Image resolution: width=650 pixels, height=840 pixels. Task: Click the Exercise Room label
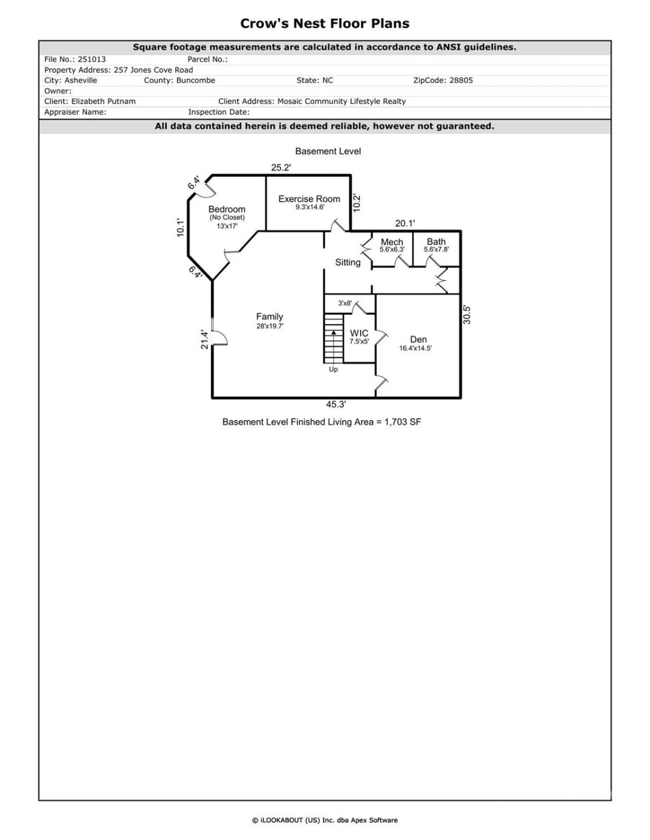pyautogui.click(x=309, y=199)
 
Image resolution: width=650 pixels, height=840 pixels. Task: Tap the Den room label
pyautogui.click(x=418, y=339)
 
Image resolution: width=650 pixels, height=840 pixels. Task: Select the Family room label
pyautogui.click(x=269, y=317)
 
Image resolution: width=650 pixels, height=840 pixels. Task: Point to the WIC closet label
pyautogui.click(x=359, y=334)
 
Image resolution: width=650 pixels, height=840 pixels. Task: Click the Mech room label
pyautogui.click(x=392, y=242)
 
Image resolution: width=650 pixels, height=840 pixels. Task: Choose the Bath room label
pyautogui.click(x=436, y=242)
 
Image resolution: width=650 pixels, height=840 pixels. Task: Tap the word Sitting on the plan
pyautogui.click(x=347, y=262)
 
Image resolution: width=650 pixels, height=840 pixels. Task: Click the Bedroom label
pyautogui.click(x=227, y=209)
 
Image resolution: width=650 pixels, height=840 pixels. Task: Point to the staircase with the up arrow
pyautogui.click(x=333, y=339)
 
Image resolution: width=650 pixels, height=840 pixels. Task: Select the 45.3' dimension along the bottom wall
pyautogui.click(x=336, y=404)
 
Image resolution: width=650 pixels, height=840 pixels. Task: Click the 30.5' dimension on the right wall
pyautogui.click(x=467, y=315)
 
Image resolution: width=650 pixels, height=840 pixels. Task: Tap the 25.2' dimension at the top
pyautogui.click(x=281, y=167)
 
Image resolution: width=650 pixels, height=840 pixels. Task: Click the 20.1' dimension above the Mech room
pyautogui.click(x=405, y=223)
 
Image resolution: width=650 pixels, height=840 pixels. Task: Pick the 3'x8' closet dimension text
pyautogui.click(x=345, y=303)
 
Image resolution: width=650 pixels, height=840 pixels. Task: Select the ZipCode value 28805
pyautogui.click(x=461, y=80)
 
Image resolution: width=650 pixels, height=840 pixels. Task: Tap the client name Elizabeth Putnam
pyautogui.click(x=103, y=101)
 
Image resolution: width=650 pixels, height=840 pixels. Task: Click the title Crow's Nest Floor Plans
pyautogui.click(x=325, y=24)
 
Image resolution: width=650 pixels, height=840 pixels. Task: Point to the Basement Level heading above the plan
pyautogui.click(x=328, y=151)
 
